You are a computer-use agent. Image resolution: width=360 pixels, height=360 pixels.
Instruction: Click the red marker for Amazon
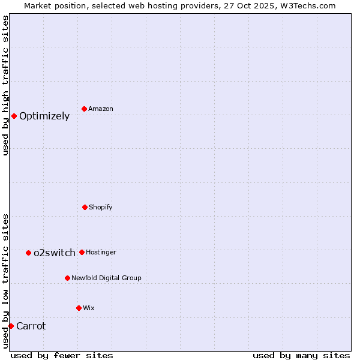click(85, 109)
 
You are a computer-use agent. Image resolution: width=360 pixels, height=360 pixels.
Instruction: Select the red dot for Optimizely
click(14, 116)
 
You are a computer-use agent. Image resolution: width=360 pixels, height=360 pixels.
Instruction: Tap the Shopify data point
click(85, 207)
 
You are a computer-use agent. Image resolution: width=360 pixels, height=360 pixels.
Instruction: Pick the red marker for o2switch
click(28, 253)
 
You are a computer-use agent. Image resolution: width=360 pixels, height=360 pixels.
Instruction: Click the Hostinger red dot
click(82, 252)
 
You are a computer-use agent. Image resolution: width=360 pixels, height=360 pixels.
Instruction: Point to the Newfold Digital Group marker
click(67, 278)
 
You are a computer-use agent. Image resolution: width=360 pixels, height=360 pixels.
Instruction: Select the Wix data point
click(79, 308)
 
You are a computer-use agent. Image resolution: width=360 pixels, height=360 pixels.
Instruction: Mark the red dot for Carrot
click(11, 326)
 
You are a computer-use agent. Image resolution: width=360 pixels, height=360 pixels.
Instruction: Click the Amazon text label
click(101, 109)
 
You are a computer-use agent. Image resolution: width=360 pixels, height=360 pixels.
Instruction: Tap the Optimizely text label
click(44, 116)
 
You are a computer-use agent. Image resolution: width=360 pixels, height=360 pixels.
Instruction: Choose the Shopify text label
click(101, 207)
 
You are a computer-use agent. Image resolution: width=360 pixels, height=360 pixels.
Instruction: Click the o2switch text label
click(55, 253)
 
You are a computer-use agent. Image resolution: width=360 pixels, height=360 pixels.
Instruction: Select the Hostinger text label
click(101, 252)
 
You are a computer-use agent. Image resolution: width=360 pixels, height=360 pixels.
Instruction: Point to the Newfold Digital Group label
click(106, 278)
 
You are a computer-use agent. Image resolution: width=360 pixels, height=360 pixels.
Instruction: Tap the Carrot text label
click(31, 326)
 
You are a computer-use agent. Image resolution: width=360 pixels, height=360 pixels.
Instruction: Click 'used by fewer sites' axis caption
click(62, 355)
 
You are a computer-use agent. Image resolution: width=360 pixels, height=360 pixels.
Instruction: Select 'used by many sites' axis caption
click(301, 355)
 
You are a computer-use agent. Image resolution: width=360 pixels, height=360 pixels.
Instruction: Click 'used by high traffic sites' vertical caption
click(5, 85)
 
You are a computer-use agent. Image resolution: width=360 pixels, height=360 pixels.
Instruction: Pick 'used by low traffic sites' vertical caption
click(5, 281)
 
